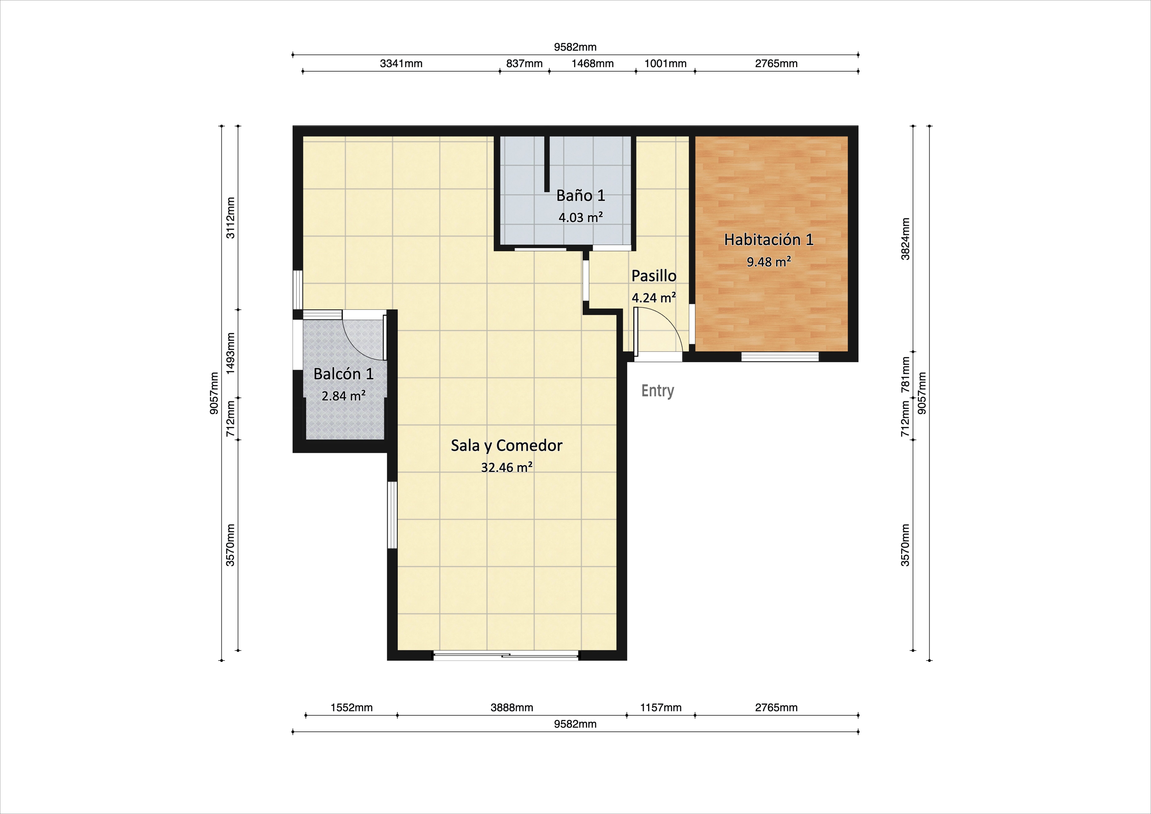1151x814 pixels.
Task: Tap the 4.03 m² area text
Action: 581,217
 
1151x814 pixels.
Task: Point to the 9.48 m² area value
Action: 769,261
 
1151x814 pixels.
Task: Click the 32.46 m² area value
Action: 506,467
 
